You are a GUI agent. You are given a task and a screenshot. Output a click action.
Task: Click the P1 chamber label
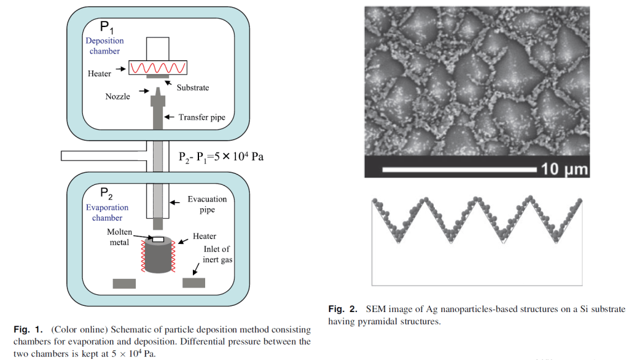coord(107,27)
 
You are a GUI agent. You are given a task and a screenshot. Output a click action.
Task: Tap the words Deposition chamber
coord(104,46)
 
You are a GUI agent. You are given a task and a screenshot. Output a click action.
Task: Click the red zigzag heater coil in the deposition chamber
coord(158,67)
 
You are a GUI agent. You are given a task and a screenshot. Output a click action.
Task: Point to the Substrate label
coord(193,88)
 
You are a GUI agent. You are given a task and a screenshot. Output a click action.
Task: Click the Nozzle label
coord(117,96)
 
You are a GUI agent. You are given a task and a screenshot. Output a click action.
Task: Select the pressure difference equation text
coord(221,155)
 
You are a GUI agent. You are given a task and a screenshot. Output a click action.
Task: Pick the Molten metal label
coord(118,237)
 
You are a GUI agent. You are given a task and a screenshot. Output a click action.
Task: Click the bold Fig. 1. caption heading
coord(28,330)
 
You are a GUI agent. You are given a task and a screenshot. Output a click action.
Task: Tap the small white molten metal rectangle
coord(158,239)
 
